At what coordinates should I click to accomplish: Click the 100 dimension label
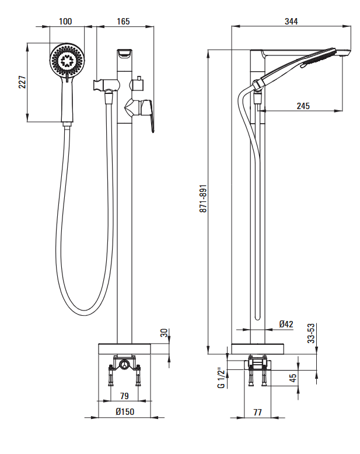tap(65, 22)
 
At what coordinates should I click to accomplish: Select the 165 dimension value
tap(123, 22)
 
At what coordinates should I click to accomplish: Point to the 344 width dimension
tap(291, 22)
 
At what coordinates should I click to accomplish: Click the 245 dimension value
tap(303, 106)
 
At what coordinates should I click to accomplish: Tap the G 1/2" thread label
tap(221, 378)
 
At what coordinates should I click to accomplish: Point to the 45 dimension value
tap(293, 379)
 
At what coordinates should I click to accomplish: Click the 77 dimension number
tap(257, 413)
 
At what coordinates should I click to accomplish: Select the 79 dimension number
tap(124, 396)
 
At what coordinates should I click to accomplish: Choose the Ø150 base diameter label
tap(124, 413)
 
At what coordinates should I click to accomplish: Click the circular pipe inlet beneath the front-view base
tap(124, 366)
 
